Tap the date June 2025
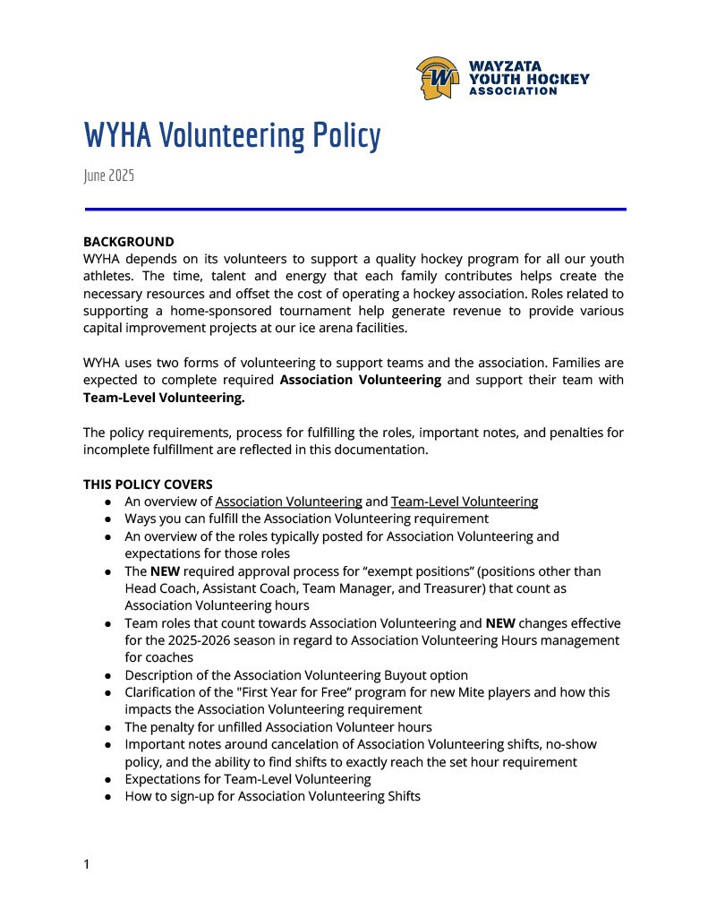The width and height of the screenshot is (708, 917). click(x=108, y=176)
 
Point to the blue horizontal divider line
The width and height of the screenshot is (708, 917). click(x=355, y=209)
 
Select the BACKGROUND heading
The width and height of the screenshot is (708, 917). click(x=129, y=242)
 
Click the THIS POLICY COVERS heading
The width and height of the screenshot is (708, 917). click(x=148, y=484)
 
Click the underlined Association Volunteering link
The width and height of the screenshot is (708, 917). click(x=288, y=501)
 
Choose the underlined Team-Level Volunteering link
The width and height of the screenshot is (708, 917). click(x=465, y=501)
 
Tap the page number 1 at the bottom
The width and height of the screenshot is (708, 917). click(x=87, y=864)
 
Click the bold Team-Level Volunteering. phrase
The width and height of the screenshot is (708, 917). click(x=164, y=397)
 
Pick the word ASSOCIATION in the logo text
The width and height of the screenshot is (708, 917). click(x=513, y=91)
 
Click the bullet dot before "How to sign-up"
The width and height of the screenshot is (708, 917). click(x=107, y=796)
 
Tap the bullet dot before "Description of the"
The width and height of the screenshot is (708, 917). click(x=107, y=675)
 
